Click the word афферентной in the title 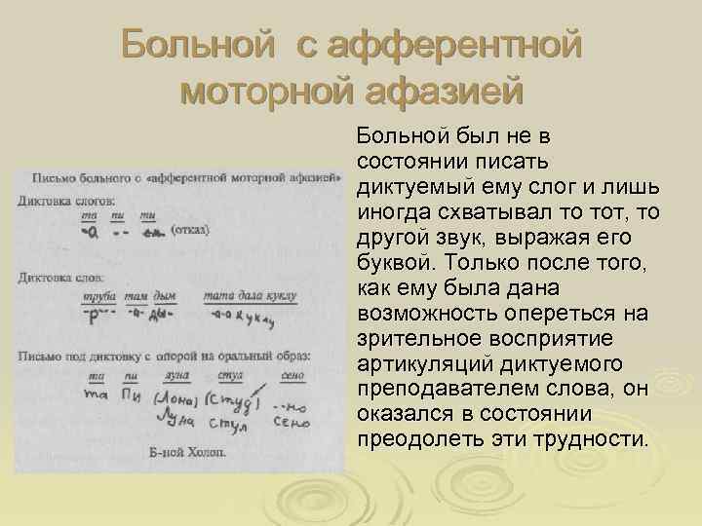pos(455,45)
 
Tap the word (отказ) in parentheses pos(189,230)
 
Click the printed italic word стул pos(230,373)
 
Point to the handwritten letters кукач pos(255,319)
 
